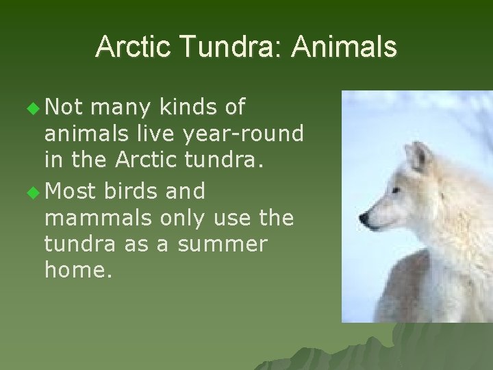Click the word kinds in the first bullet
coord(185,108)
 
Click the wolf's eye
coord(395,191)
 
